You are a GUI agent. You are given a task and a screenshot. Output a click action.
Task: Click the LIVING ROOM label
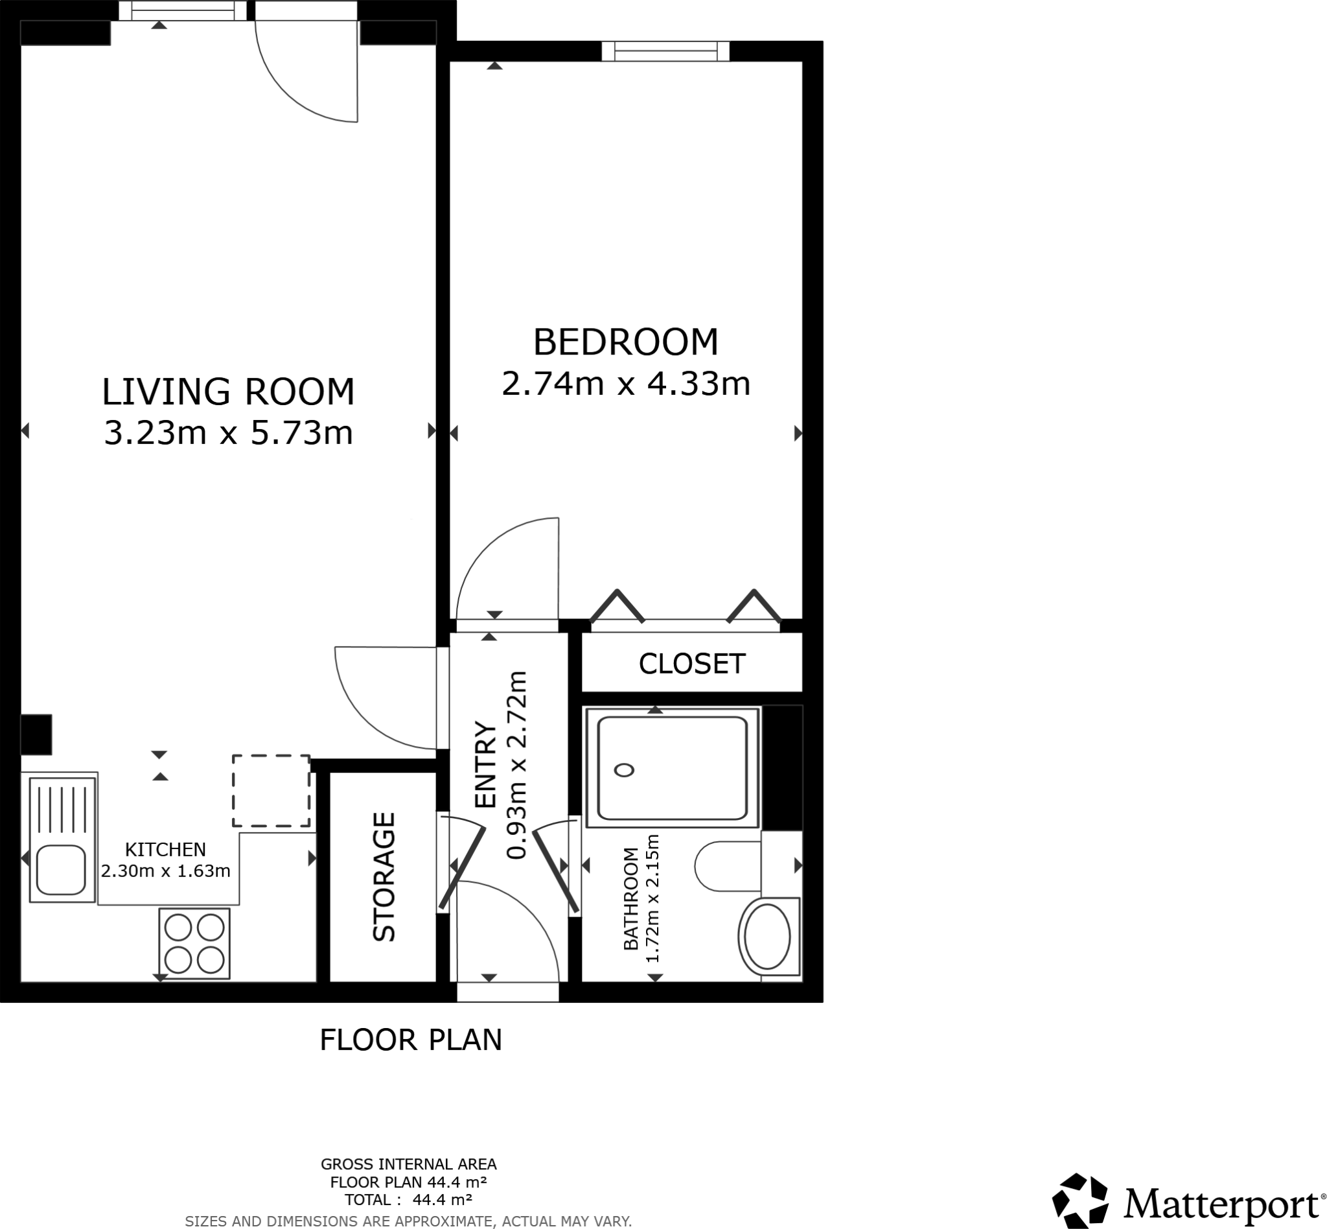[227, 391]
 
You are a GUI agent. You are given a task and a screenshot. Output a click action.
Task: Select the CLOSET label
[691, 664]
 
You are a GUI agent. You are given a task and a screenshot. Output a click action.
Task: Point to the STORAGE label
[384, 876]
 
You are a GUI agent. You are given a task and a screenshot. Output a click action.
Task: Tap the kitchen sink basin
[60, 870]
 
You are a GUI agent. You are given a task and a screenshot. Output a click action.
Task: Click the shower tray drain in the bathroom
[623, 770]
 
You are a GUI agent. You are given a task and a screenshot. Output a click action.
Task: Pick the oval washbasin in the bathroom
[767, 937]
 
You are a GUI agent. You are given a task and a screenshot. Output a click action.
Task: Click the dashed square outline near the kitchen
[271, 791]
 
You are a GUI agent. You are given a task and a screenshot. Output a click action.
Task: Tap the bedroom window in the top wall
[665, 51]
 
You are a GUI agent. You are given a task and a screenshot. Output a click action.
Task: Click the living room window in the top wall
[183, 10]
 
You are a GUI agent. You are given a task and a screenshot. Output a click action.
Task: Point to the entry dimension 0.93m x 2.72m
[516, 765]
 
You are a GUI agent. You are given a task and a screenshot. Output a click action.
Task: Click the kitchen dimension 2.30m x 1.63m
[165, 871]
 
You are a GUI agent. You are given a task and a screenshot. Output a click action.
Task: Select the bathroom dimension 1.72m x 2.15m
[652, 898]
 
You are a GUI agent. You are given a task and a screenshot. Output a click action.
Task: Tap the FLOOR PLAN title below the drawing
[410, 1040]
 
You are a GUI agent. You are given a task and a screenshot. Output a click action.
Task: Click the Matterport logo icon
[1080, 1202]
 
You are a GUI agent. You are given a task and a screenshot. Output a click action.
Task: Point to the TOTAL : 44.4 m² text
[408, 1199]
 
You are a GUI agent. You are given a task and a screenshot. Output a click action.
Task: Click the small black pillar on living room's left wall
[36, 734]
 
